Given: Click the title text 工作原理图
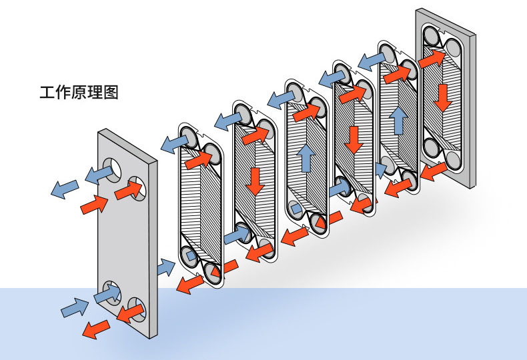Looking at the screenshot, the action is pyautogui.click(x=79, y=93).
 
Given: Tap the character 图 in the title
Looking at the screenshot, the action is pyautogui.click(x=111, y=93).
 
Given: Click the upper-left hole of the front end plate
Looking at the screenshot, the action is pyautogui.click(x=112, y=169).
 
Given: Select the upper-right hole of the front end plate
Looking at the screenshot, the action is pyautogui.click(x=138, y=188).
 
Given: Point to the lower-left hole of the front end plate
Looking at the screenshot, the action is pyautogui.click(x=112, y=293).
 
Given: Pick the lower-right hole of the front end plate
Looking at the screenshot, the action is pyautogui.click(x=137, y=309).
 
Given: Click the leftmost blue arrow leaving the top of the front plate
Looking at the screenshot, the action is pyautogui.click(x=64, y=189).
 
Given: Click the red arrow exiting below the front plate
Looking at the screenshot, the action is pyautogui.click(x=96, y=329).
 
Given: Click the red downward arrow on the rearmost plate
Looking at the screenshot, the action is pyautogui.click(x=443, y=98).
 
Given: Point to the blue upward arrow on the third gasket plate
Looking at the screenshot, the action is pyautogui.click(x=306, y=157).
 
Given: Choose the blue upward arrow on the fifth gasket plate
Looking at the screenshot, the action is pyautogui.click(x=400, y=120).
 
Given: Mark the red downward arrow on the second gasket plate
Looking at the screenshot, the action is pyautogui.click(x=255, y=182).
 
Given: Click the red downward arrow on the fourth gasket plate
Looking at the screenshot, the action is pyautogui.click(x=354, y=141).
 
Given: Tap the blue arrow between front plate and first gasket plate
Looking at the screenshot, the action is pyautogui.click(x=166, y=267).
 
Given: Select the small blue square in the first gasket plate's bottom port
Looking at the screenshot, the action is pyautogui.click(x=191, y=256).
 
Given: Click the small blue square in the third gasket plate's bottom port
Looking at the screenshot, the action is pyautogui.click(x=296, y=209).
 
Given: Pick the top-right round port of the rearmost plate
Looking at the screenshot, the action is pyautogui.click(x=452, y=49).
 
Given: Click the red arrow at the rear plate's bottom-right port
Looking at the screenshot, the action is pyautogui.click(x=434, y=171).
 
